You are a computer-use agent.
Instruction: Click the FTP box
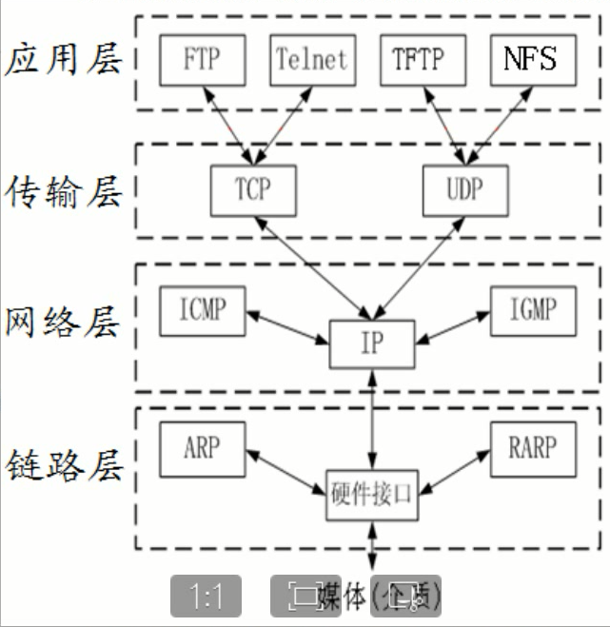(x=201, y=60)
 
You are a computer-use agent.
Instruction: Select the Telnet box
(x=311, y=60)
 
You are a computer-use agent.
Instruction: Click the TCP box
(x=253, y=188)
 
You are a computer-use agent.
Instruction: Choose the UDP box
(x=464, y=188)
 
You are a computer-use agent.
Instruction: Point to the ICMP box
(x=202, y=309)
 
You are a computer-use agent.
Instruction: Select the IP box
(x=373, y=343)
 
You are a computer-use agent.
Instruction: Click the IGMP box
(x=535, y=309)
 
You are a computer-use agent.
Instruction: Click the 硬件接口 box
(x=372, y=495)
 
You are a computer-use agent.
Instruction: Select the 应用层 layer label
(x=64, y=61)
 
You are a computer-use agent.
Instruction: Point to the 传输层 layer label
(x=64, y=191)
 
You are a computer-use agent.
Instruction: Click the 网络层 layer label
(x=64, y=322)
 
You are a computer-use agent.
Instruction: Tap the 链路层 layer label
(x=64, y=466)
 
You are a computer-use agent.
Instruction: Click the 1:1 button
(x=206, y=597)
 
